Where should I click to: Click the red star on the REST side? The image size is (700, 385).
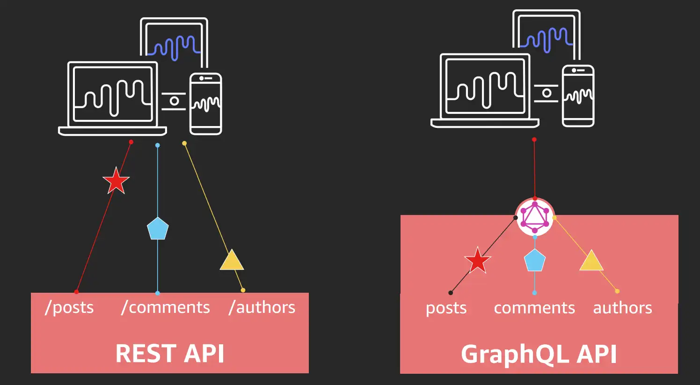(116, 181)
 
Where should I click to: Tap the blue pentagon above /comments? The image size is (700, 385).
(158, 229)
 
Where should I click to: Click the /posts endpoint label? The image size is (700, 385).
(69, 308)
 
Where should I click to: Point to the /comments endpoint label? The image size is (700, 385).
(165, 308)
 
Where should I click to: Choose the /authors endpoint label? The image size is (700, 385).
(262, 308)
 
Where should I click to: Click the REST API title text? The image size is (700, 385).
(169, 353)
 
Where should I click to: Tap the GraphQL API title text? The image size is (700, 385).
(539, 354)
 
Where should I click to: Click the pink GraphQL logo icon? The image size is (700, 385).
(535, 217)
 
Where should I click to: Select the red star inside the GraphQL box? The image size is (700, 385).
(477, 261)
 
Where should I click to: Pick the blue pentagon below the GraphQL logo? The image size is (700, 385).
(534, 260)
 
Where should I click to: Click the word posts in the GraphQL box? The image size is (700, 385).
(446, 308)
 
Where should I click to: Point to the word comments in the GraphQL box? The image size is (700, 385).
(534, 308)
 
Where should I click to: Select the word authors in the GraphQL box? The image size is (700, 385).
(622, 308)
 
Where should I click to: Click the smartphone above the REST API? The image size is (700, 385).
(205, 104)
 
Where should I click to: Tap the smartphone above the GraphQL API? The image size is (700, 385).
(578, 96)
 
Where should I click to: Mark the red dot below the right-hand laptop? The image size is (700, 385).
(534, 140)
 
